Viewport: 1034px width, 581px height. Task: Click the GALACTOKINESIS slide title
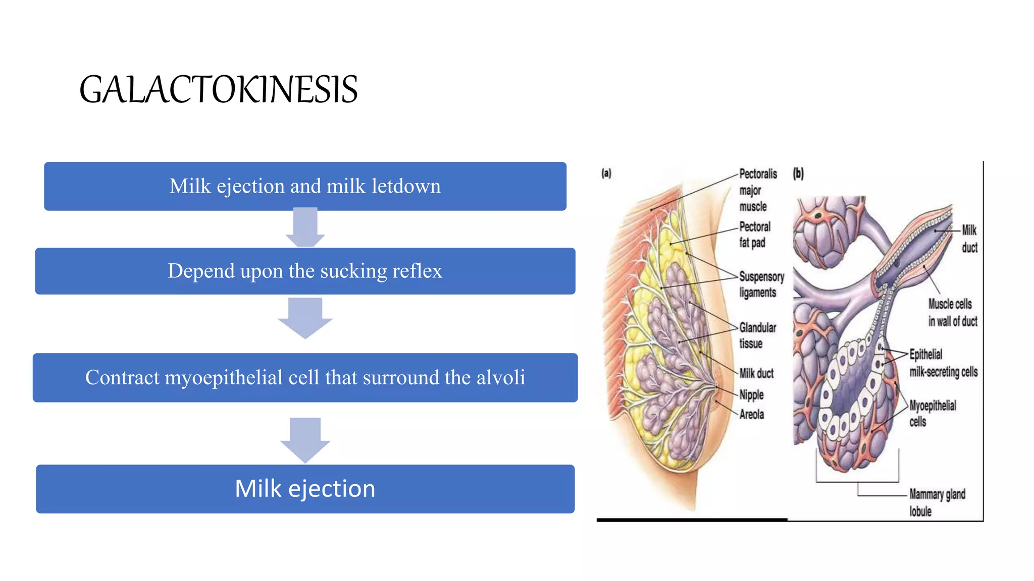point(218,90)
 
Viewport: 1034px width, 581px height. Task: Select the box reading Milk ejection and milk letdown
point(305,186)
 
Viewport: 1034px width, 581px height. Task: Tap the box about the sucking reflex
point(305,271)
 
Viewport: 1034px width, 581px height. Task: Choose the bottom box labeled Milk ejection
point(305,489)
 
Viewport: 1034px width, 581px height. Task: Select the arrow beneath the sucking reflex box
point(305,318)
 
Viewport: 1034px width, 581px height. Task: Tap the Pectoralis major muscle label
point(757,190)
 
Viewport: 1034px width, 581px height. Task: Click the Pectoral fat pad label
point(754,235)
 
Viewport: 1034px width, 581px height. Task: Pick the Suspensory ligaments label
point(761,284)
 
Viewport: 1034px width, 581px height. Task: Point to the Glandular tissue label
point(757,335)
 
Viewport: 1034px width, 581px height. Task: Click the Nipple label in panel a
point(751,394)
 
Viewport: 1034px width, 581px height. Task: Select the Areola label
point(751,415)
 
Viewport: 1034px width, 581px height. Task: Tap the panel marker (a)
point(606,173)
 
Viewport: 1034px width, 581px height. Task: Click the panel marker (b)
point(798,173)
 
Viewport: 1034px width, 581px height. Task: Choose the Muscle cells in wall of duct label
point(952,313)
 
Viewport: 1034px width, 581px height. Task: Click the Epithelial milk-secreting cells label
point(943,363)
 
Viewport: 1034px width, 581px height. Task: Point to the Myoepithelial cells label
point(932,414)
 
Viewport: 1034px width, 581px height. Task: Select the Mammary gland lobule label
point(937,502)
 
